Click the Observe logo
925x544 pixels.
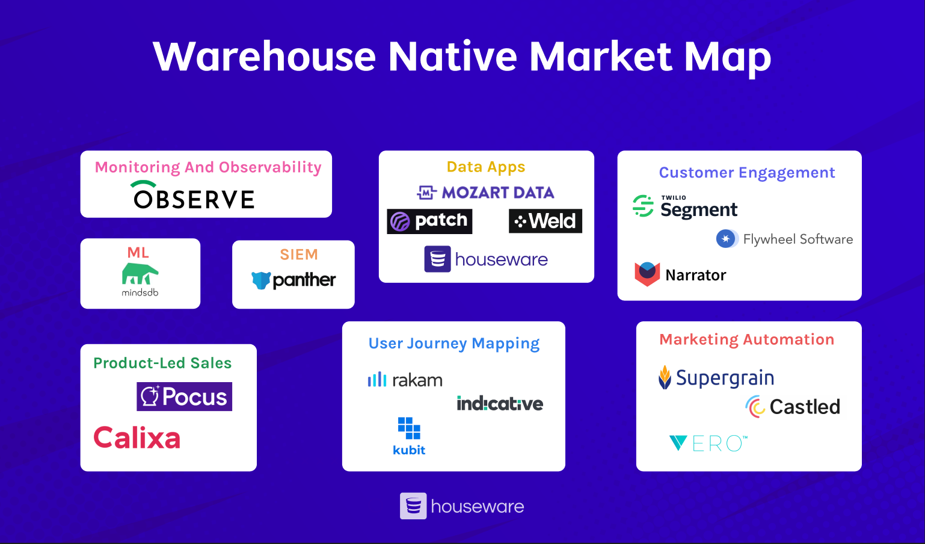pos(194,196)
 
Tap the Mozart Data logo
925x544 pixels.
pos(486,193)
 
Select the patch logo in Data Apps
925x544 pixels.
pos(429,221)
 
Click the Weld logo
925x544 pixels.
pos(545,221)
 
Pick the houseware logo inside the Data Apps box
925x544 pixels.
pos(486,259)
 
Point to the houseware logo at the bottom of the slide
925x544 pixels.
pos(462,506)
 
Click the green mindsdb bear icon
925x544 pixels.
pos(140,274)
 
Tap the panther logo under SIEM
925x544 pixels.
pos(293,280)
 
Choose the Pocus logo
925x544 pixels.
pos(184,397)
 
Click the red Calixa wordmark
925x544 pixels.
pos(137,437)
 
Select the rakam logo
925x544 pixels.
pos(405,380)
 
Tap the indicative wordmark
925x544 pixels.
pos(500,403)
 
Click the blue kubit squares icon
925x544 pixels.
pos(409,428)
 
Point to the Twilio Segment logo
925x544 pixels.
pos(685,206)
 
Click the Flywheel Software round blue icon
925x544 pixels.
pos(726,239)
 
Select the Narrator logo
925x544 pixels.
pos(680,274)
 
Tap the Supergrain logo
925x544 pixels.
pos(716,378)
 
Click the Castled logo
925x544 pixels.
pos(793,407)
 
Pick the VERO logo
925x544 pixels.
pos(708,444)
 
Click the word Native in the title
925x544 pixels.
pos(452,57)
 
